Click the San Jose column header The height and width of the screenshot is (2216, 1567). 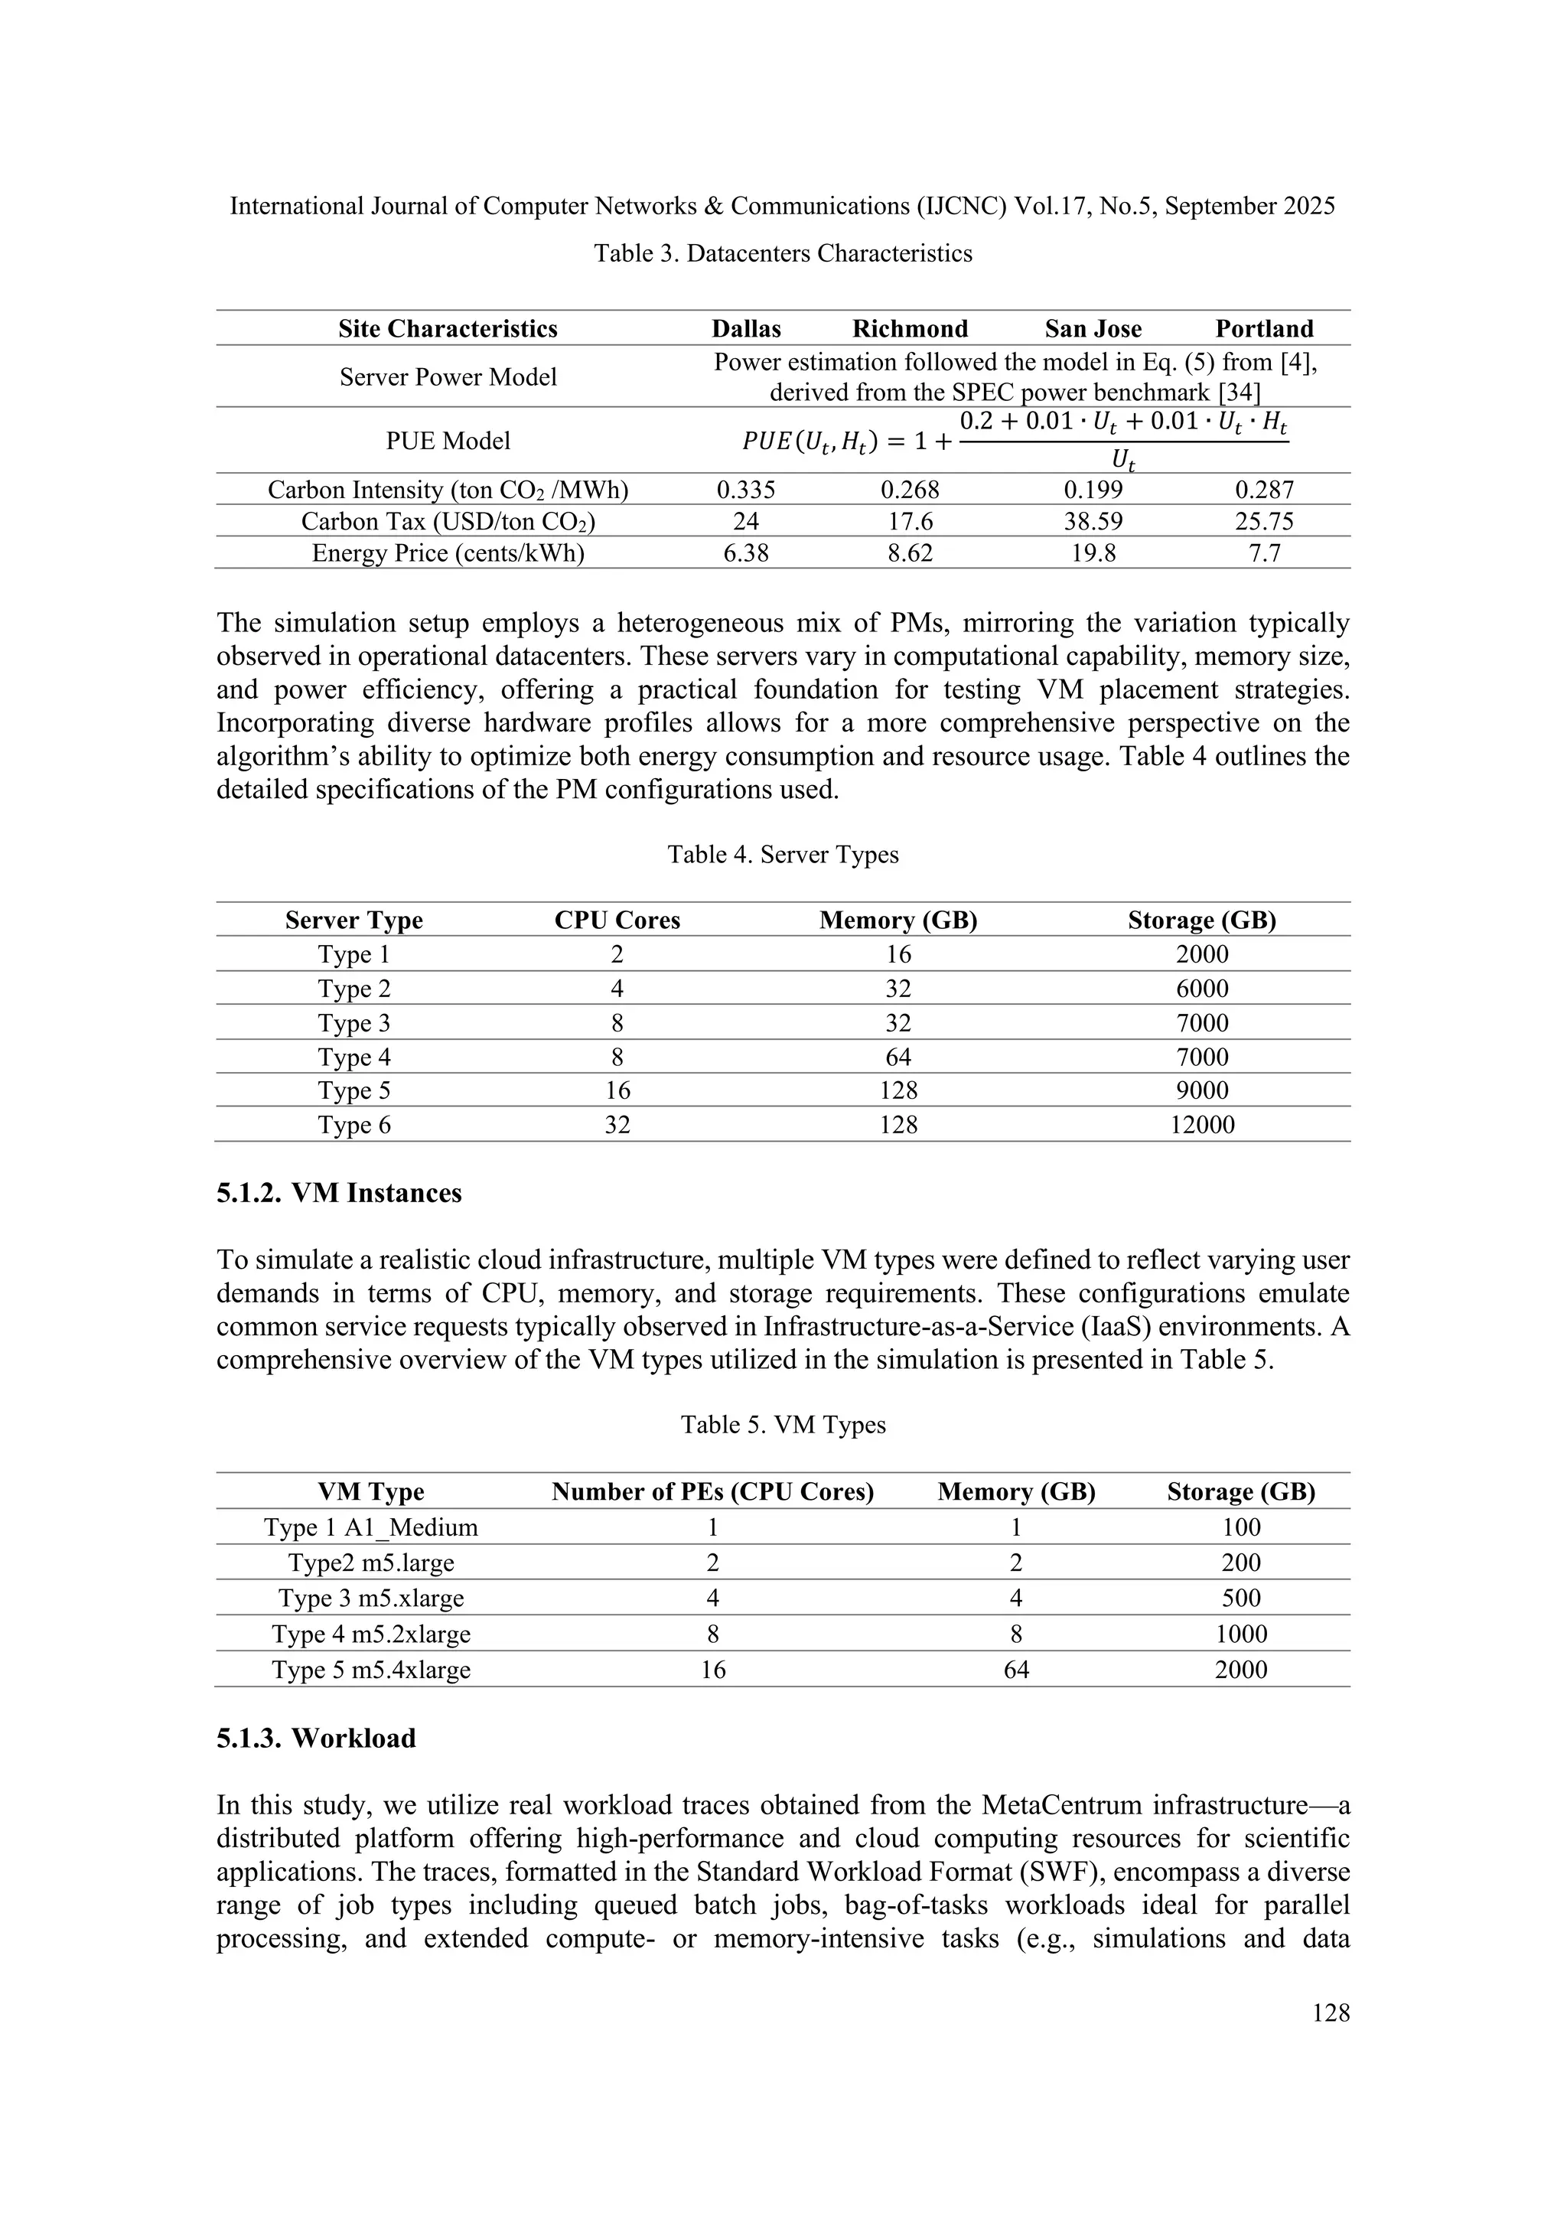click(x=1093, y=328)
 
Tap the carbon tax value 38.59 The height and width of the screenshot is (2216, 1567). click(x=1093, y=521)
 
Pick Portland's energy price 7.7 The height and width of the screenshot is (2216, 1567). click(x=1263, y=553)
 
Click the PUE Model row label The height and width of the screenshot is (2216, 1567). click(x=448, y=441)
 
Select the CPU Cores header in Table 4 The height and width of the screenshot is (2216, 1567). click(x=617, y=920)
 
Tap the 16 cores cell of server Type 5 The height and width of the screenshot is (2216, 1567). click(x=617, y=1090)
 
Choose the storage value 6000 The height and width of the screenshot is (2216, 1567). click(x=1201, y=989)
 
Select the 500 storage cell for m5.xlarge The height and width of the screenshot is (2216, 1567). click(x=1241, y=1598)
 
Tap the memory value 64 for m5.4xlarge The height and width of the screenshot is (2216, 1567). click(x=1016, y=1670)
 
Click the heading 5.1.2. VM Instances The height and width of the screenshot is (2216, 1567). click(x=339, y=1193)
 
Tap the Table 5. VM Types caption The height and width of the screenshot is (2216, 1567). click(x=783, y=1425)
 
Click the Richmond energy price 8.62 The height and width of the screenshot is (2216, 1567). click(x=909, y=553)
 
